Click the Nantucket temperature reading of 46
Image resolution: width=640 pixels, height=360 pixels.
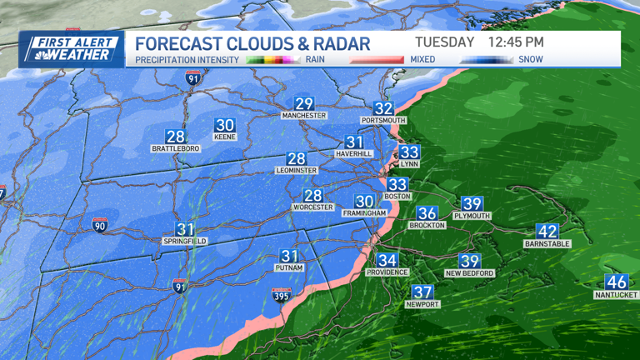click(616, 282)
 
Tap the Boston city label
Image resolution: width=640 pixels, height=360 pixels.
click(397, 196)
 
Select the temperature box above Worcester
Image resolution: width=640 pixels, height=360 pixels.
click(312, 196)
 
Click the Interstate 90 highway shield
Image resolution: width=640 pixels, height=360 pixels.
click(99, 224)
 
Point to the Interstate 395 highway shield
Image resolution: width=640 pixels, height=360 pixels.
click(282, 295)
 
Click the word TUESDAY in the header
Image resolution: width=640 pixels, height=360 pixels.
click(444, 42)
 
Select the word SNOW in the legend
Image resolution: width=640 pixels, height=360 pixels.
click(530, 59)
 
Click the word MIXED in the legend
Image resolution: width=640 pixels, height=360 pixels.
click(422, 59)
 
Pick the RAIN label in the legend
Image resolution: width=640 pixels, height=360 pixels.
click(315, 59)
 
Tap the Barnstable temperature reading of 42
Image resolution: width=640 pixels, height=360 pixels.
click(547, 232)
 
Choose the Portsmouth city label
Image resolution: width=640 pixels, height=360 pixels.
click(383, 120)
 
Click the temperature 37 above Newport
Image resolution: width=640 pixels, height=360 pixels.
click(422, 292)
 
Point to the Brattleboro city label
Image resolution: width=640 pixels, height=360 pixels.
click(175, 148)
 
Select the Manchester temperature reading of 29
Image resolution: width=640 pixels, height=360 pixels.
click(304, 104)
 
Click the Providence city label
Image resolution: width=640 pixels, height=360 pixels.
click(387, 272)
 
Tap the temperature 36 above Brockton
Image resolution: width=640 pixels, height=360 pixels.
click(427, 213)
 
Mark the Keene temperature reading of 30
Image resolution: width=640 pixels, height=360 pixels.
click(225, 126)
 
